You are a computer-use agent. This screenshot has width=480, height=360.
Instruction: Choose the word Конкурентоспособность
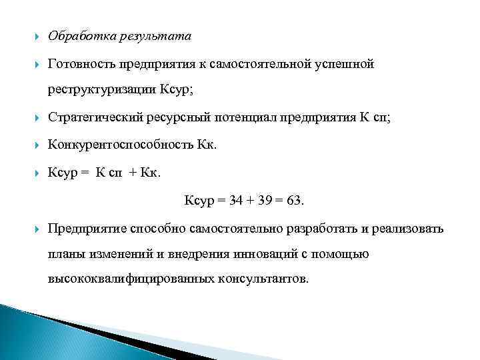click(x=119, y=145)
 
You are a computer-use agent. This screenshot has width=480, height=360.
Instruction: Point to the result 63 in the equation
click(x=293, y=200)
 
